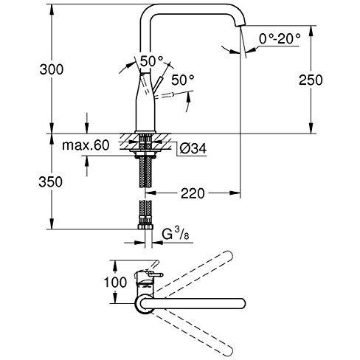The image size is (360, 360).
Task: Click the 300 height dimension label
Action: (52, 69)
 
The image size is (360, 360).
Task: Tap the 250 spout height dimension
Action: (311, 80)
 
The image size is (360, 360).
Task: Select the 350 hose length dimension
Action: (50, 182)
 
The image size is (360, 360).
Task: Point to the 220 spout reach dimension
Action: (193, 193)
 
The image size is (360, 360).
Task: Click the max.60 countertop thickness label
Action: (86, 145)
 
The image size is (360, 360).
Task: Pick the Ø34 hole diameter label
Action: (193, 148)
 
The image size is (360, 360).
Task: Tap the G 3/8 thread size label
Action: (176, 234)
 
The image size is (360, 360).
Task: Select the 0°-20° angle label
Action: (280, 39)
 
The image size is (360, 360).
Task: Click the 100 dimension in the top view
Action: (115, 282)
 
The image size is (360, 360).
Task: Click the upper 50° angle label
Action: (152, 61)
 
